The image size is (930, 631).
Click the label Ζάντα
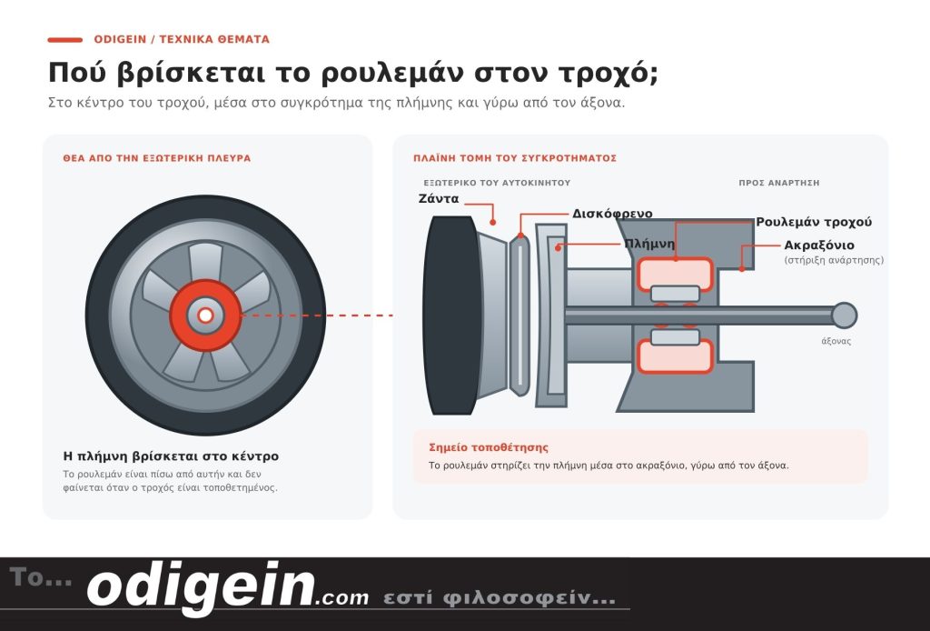439,199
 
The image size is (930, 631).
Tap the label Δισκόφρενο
612,214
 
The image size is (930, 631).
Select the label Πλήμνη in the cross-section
649,244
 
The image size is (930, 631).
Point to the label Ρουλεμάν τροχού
814,222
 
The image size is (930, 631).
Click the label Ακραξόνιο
819,245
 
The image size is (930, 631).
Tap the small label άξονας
836,341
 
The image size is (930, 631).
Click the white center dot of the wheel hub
205,315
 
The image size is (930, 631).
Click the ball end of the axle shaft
844,315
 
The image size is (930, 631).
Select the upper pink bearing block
675,274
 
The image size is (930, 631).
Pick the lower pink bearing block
675,356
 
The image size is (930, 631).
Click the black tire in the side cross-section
452,315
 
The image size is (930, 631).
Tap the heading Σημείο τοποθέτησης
489,447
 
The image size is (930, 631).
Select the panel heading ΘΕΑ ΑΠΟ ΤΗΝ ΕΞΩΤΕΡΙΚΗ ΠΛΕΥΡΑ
156,158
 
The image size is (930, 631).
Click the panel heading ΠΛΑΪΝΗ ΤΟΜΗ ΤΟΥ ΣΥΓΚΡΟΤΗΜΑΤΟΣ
515,158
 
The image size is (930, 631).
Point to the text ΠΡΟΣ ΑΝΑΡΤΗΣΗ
778,183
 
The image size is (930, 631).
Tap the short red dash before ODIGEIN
65,40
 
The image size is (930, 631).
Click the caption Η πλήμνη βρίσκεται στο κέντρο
171,456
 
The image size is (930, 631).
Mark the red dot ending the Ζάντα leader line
493,223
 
